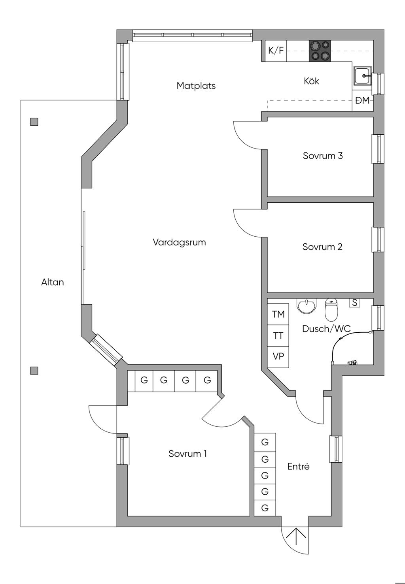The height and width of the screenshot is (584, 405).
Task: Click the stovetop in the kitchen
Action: click(320, 51)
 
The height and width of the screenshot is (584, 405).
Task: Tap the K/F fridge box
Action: click(276, 51)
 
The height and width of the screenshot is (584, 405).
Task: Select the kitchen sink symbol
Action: click(363, 75)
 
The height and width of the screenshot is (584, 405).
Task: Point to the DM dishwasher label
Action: click(363, 100)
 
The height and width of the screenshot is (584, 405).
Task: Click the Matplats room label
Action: click(196, 86)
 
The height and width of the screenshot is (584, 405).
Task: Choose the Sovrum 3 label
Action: click(323, 156)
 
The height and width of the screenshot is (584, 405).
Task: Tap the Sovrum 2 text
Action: click(322, 247)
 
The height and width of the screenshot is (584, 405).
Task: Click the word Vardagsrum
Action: click(179, 242)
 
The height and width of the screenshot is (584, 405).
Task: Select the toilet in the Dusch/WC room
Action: click(331, 310)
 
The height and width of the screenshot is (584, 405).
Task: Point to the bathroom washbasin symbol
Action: click(307, 306)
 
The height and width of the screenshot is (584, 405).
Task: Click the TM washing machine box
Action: click(278, 314)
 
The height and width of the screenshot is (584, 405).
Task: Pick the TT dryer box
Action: click(278, 335)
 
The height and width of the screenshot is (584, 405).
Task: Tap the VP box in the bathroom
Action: click(278, 357)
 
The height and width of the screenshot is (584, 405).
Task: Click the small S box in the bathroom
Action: click(355, 303)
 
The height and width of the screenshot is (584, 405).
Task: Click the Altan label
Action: click(53, 282)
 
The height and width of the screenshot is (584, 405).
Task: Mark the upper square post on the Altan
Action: click(34, 122)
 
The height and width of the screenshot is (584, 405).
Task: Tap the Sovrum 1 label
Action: click(187, 454)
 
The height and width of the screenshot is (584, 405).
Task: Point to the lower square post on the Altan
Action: click(34, 371)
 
